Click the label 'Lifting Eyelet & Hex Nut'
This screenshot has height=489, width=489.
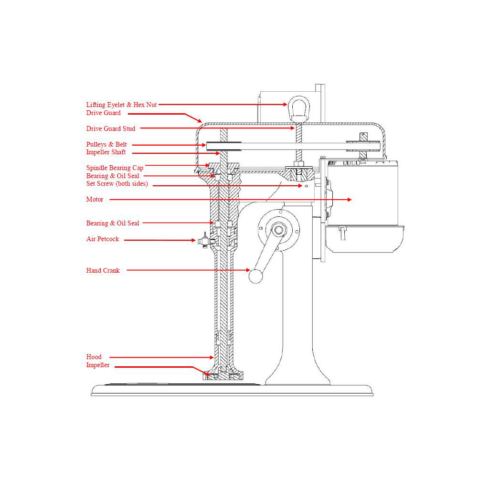(x=121, y=105)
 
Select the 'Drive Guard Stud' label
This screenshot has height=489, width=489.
(x=110, y=128)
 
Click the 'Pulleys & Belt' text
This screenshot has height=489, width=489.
(x=107, y=144)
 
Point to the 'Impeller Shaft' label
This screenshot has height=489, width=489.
(x=106, y=152)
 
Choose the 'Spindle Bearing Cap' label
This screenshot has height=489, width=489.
(x=115, y=168)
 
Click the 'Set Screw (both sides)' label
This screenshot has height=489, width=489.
(x=117, y=184)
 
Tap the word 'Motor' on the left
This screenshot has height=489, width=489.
(x=95, y=200)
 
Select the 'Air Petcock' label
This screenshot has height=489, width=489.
(x=103, y=239)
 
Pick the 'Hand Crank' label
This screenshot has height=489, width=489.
(x=103, y=270)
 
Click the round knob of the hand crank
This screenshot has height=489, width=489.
(x=256, y=276)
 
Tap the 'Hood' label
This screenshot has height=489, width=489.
(x=94, y=357)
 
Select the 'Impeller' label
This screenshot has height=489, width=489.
(x=97, y=365)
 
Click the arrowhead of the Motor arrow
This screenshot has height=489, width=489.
(x=350, y=200)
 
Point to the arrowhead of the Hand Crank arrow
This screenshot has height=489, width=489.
(x=248, y=270)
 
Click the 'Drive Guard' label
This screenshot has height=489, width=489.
(x=103, y=113)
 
